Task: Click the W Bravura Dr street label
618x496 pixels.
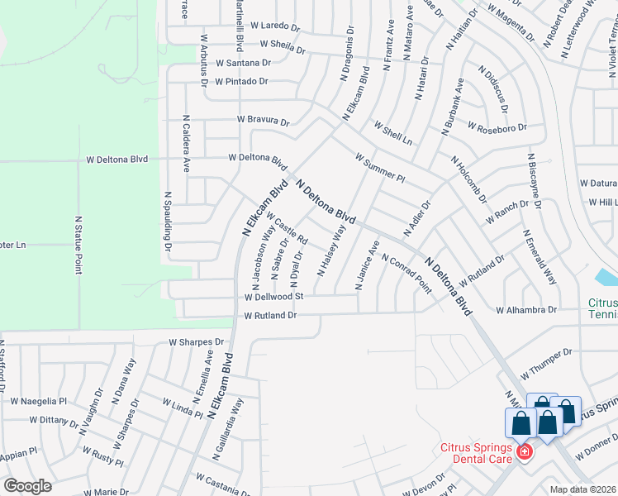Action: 264,121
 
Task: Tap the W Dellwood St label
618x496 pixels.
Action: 274,296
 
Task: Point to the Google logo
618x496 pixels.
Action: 27,486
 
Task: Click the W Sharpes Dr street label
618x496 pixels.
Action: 197,341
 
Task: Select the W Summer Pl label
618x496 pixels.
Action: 379,167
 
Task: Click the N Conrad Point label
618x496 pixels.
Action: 406,273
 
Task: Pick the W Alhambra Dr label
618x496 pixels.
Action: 526,310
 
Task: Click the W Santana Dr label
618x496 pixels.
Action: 244,63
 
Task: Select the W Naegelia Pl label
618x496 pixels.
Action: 38,401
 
